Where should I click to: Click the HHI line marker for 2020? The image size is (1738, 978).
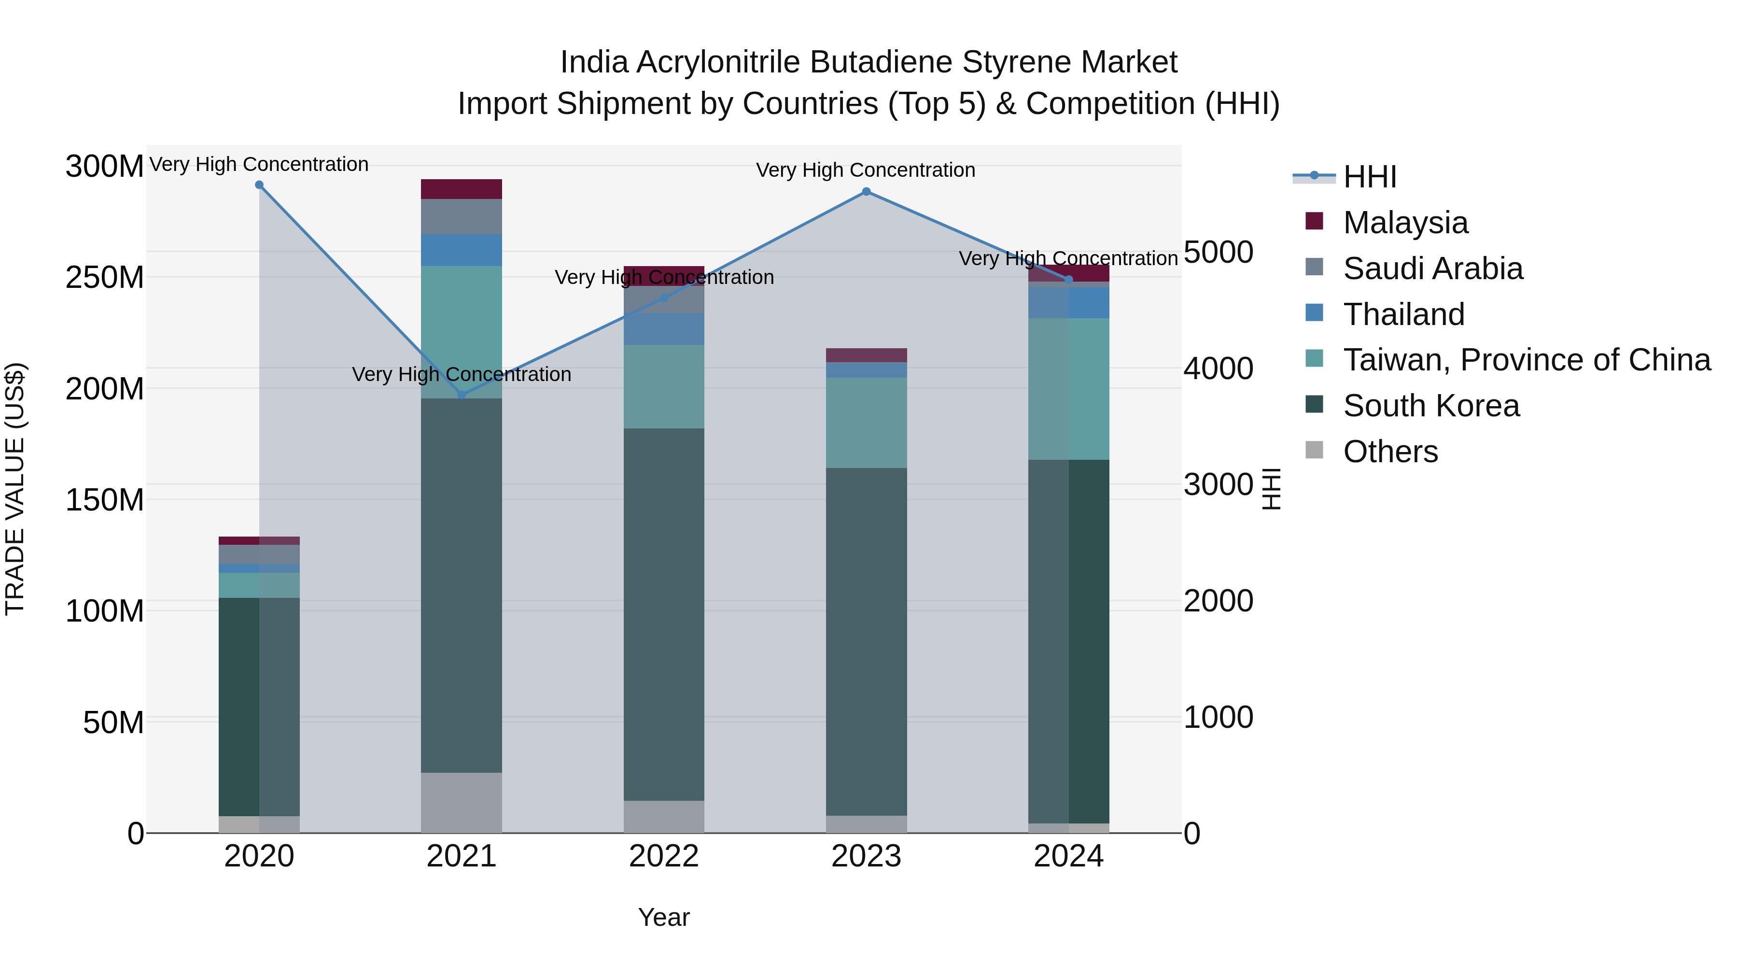[x=259, y=185]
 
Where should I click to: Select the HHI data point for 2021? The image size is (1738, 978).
[x=462, y=395]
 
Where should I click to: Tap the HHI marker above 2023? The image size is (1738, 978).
[x=866, y=192]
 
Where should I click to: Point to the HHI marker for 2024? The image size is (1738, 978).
[x=1069, y=280]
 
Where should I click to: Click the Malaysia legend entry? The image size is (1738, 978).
[x=1405, y=223]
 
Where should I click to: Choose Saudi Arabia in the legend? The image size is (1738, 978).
[x=1432, y=269]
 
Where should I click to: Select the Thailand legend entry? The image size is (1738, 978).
[x=1403, y=314]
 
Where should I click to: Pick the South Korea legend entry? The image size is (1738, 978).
[x=1430, y=406]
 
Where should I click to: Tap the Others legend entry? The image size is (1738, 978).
[x=1390, y=452]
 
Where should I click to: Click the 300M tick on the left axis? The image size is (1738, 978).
[x=105, y=166]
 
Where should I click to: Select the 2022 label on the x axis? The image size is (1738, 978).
[x=664, y=856]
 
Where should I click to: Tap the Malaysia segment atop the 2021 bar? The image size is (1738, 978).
[x=462, y=189]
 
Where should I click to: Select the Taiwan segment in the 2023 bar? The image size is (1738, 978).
[x=866, y=423]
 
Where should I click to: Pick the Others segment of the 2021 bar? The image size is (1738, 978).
[x=462, y=803]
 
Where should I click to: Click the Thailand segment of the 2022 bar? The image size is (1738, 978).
[x=664, y=329]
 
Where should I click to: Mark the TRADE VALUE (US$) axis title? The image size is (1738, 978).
[x=15, y=489]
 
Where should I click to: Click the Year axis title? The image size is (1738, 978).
[x=664, y=917]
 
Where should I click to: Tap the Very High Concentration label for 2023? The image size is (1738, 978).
[x=866, y=170]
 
